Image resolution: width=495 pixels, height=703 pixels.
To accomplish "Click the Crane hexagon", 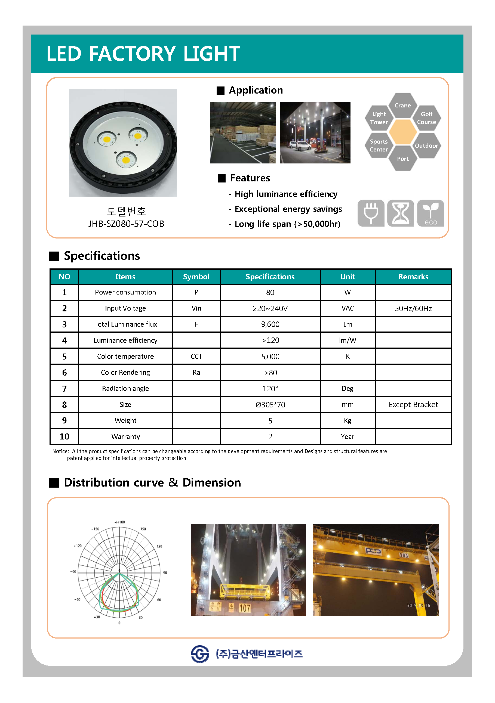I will point(402,105).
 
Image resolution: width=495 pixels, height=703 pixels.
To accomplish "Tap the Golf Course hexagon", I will point(426,118).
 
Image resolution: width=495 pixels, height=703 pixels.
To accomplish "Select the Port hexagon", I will point(402,158).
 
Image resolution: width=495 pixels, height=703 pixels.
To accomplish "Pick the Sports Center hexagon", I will point(379,145).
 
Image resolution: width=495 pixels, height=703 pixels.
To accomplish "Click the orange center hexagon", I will point(402,132).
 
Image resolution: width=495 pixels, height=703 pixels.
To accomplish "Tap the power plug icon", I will point(371,213).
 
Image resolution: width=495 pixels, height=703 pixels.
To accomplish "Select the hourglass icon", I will point(400,213).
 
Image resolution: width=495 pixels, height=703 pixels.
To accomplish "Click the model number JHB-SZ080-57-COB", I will point(126,224).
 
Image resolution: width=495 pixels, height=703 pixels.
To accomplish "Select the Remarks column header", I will point(413,277).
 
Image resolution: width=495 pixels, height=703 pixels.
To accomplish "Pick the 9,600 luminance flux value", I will point(270,324).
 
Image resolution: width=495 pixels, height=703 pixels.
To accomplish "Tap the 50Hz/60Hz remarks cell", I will point(413,308).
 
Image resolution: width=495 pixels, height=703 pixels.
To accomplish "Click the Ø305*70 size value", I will point(270,404).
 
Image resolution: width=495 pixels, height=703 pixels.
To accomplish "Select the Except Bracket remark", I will point(413,404).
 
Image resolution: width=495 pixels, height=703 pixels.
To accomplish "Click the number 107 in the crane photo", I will point(244,608).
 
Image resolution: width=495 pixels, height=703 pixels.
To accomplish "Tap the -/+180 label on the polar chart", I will point(119,522).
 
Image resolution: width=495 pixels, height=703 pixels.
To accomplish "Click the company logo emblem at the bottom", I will point(200,654).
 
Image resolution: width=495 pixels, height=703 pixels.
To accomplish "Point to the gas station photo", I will point(315,133).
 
